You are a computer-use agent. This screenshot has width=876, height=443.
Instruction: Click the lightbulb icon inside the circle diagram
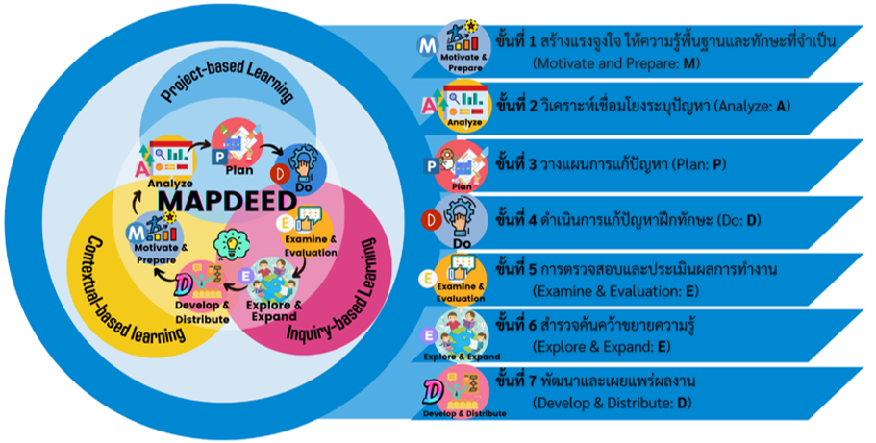point(233,245)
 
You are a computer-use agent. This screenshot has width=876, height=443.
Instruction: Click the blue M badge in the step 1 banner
point(425,44)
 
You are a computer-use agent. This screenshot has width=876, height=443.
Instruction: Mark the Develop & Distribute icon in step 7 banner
point(464,393)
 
